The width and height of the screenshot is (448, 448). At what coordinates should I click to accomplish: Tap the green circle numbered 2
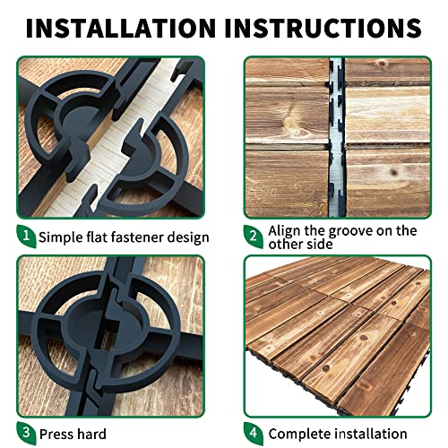254,237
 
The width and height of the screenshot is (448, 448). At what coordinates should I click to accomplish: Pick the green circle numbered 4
254,434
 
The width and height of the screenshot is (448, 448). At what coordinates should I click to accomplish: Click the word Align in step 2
289,230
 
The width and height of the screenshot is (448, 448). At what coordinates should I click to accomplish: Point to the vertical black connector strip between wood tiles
338,134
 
